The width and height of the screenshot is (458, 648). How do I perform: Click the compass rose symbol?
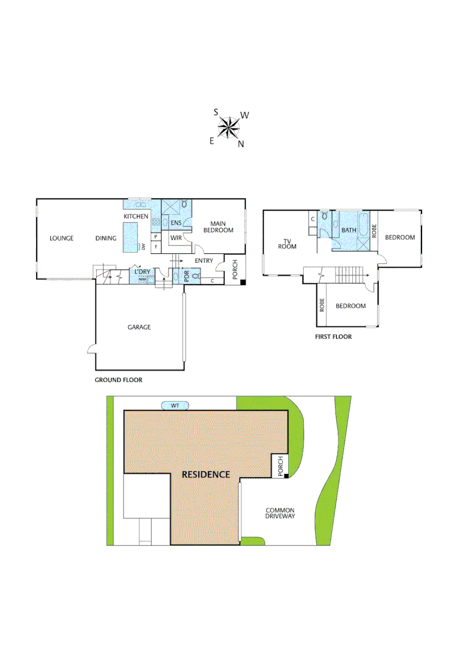[x=229, y=127]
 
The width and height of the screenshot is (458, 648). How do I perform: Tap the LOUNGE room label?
[x=61, y=238]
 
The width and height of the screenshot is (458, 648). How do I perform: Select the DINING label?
[x=106, y=238]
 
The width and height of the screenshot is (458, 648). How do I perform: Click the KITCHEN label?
[x=136, y=216]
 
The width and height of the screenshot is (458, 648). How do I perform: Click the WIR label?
[x=176, y=238]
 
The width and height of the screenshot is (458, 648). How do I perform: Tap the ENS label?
[x=176, y=223]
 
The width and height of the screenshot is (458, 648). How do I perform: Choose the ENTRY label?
[x=204, y=260]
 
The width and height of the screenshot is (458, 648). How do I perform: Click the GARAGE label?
[x=139, y=327]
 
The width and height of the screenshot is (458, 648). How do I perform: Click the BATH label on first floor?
[x=349, y=230]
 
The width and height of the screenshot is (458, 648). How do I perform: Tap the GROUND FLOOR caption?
[x=118, y=380]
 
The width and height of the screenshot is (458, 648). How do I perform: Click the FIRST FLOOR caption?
[x=333, y=337]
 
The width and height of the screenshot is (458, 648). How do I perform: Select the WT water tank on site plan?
[x=175, y=406]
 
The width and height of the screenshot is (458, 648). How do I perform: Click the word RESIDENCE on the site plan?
[x=206, y=474]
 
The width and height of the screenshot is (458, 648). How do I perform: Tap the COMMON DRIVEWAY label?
[x=280, y=514]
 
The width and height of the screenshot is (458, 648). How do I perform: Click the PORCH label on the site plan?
[x=279, y=466]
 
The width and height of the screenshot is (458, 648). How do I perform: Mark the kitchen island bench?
[x=130, y=237]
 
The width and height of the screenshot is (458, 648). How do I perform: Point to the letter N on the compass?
[x=241, y=144]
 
